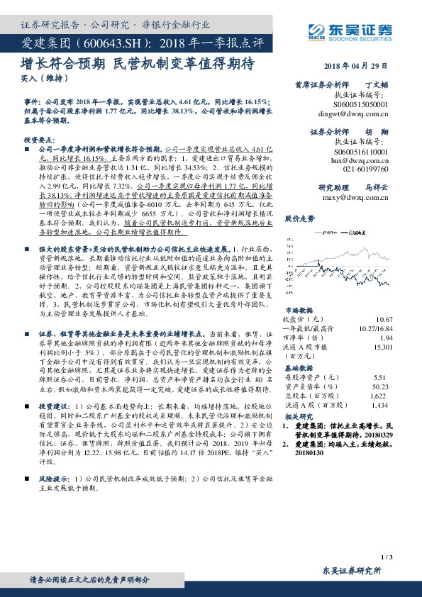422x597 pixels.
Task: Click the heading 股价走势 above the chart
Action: tap(298, 220)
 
